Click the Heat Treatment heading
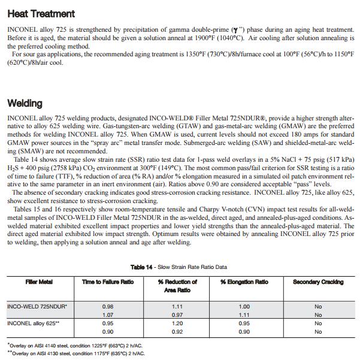pos(41,13)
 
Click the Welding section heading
pos(25,104)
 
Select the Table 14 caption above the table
pos(179,267)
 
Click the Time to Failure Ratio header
pos(108,282)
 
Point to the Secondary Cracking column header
pos(318,282)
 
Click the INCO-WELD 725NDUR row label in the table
pos(37,306)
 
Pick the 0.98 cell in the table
pos(108,306)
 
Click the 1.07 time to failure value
pos(108,314)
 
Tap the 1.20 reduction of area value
pos(177,323)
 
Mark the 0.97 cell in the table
pos(177,314)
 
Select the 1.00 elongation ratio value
pos(244,306)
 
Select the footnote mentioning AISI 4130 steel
pos(77,353)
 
